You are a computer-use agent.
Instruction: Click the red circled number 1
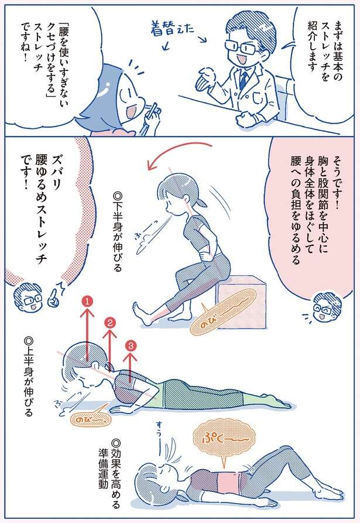click(x=87, y=302)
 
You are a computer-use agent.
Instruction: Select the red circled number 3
click(x=131, y=346)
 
